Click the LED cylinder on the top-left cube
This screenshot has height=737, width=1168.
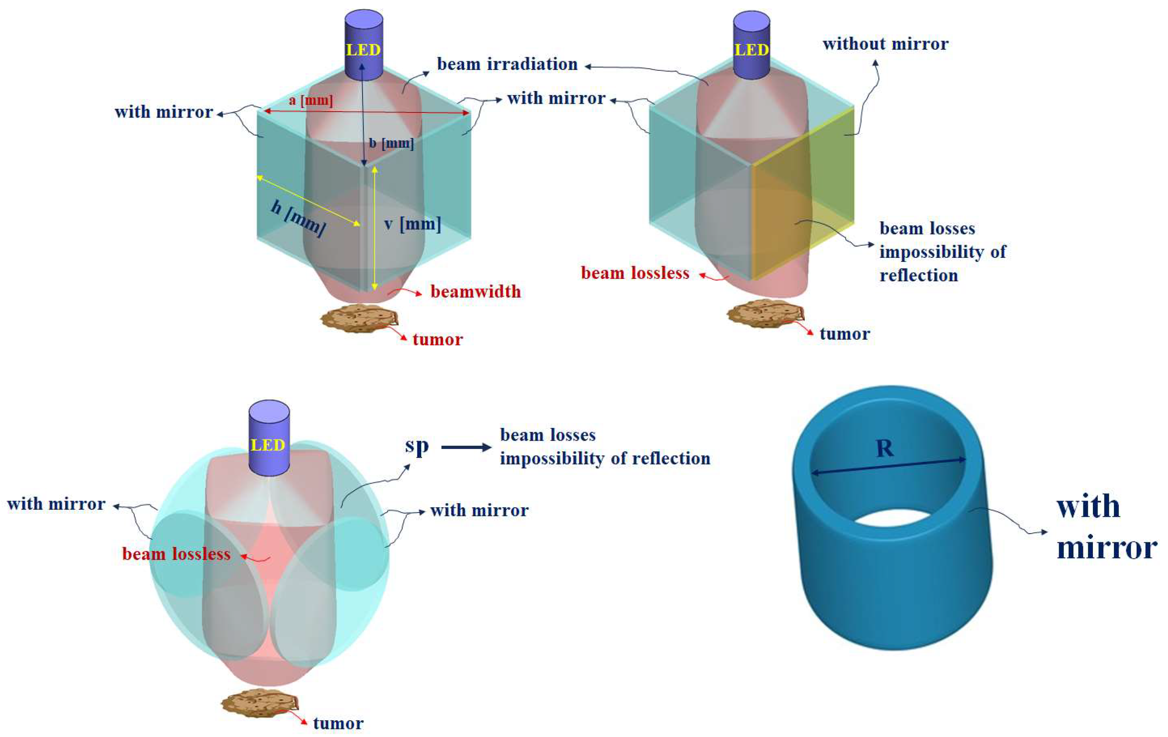pyautogui.click(x=364, y=46)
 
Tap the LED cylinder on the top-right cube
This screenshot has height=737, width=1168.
pyautogui.click(x=752, y=46)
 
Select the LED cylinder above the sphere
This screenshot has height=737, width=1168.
pyautogui.click(x=269, y=439)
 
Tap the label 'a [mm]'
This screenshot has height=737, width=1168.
pyautogui.click(x=311, y=101)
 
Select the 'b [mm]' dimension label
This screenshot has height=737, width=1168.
pyautogui.click(x=391, y=143)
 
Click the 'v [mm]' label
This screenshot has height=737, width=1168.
pyautogui.click(x=412, y=224)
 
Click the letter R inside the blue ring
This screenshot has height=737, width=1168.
pyautogui.click(x=885, y=449)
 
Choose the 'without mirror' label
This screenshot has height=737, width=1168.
pyautogui.click(x=885, y=44)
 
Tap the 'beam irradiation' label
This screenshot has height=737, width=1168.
pyautogui.click(x=507, y=64)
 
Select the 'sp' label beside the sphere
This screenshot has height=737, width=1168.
pyautogui.click(x=416, y=446)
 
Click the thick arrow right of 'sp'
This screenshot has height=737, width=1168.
pyautogui.click(x=466, y=447)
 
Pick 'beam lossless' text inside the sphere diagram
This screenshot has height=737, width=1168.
pyautogui.click(x=176, y=554)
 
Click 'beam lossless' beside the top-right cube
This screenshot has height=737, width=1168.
pyautogui.click(x=635, y=273)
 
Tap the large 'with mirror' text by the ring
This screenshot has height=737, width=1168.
pyautogui.click(x=1106, y=527)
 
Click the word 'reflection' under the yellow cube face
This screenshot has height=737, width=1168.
pyautogui.click(x=919, y=275)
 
